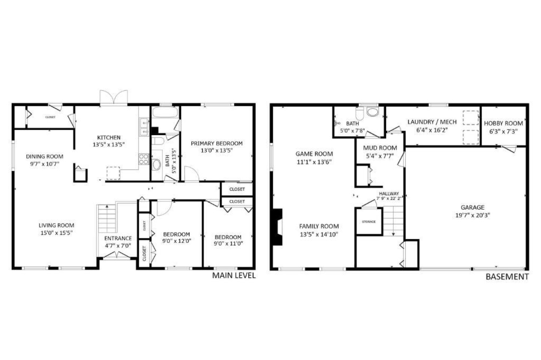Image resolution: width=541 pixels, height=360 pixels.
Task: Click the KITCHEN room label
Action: coord(109,137)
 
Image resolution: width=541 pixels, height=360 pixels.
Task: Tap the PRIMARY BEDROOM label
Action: coord(217,143)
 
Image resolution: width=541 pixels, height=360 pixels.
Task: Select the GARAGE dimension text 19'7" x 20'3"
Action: coord(472,215)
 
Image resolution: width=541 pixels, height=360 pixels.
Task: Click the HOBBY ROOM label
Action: coord(503,123)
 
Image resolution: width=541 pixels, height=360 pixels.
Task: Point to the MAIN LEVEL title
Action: coord(234,276)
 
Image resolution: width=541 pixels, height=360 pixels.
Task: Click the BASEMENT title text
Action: coord(507,277)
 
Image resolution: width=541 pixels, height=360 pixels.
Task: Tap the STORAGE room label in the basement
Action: coord(369,221)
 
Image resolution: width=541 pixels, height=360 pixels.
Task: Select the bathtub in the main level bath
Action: coord(165,112)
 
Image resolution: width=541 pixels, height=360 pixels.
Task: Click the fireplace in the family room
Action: coord(278,227)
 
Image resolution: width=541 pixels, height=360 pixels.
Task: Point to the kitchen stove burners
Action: coord(144,159)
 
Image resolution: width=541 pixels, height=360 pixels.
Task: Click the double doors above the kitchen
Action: coord(114,98)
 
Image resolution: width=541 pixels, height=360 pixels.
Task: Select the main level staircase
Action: coord(107,218)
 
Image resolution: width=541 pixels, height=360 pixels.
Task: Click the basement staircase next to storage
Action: coord(393,221)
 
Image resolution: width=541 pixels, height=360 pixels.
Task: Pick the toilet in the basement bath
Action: coord(360,113)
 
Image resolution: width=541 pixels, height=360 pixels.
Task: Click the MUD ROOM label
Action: coord(380,148)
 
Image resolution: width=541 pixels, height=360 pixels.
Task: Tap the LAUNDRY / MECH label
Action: coord(432,122)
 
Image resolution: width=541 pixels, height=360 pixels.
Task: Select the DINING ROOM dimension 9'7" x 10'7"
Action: coord(44,164)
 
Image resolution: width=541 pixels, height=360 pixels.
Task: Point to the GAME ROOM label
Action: coord(314,154)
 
